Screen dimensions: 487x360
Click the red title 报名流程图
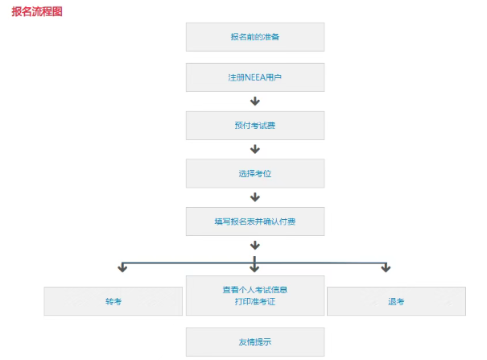click(37, 11)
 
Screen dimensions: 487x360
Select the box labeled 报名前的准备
click(255, 37)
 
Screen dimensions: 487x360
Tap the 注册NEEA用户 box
click(255, 77)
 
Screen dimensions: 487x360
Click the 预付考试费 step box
click(255, 126)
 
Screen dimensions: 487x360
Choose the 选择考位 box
click(255, 173)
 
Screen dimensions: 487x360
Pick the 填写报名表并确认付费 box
click(255, 221)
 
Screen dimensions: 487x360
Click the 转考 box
click(113, 301)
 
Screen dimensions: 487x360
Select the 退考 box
click(396, 301)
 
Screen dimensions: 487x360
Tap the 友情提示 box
click(255, 342)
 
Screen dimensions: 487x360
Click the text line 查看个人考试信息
click(255, 290)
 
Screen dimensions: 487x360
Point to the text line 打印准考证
click(255, 301)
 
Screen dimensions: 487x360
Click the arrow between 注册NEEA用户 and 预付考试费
click(255, 101)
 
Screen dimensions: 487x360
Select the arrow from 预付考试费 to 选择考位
click(255, 149)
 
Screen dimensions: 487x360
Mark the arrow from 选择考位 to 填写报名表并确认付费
click(255, 197)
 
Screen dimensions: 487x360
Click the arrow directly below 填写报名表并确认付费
click(255, 245)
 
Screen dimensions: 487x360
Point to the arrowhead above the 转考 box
click(122, 268)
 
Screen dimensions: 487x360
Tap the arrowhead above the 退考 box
click(386, 268)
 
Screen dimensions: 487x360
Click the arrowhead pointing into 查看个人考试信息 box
click(254, 269)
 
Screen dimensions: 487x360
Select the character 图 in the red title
click(57, 11)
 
